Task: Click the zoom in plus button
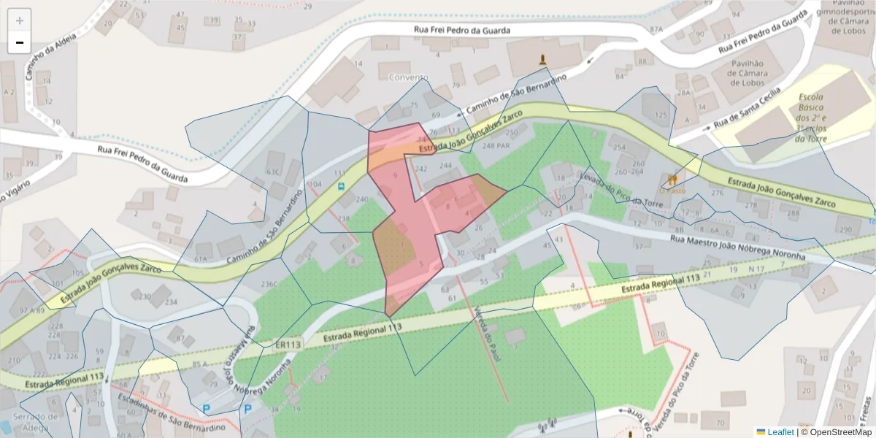click(x=20, y=20)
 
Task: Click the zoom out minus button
click(x=20, y=42)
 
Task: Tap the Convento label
click(x=409, y=77)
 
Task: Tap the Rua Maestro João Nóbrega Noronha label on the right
click(x=737, y=246)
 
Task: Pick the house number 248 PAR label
click(x=496, y=146)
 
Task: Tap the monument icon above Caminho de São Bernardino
click(x=542, y=59)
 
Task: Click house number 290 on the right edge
click(x=845, y=230)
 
